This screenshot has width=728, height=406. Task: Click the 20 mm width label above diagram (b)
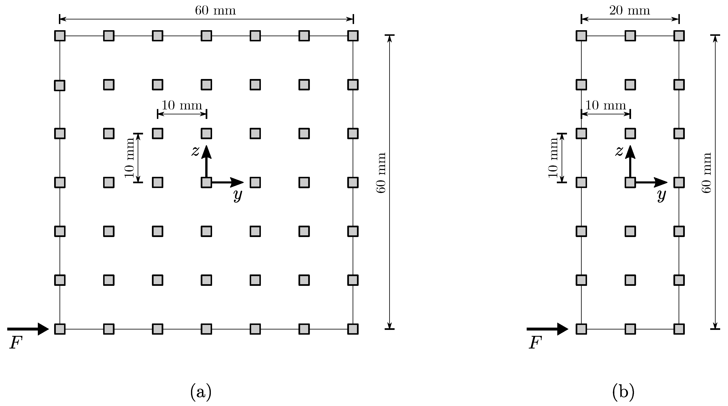pyautogui.click(x=629, y=11)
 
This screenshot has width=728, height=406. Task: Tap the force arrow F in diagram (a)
pyautogui.click(x=28, y=329)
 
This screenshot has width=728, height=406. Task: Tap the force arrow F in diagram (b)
pyautogui.click(x=547, y=329)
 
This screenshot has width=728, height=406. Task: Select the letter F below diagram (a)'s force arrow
pyautogui.click(x=16, y=344)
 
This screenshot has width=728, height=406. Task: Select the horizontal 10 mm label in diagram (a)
pyautogui.click(x=182, y=105)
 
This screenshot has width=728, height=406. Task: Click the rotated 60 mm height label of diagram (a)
pyautogui.click(x=381, y=173)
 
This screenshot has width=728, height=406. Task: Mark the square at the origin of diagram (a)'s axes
pyautogui.click(x=206, y=182)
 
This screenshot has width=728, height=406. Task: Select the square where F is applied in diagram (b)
pyautogui.click(x=581, y=329)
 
